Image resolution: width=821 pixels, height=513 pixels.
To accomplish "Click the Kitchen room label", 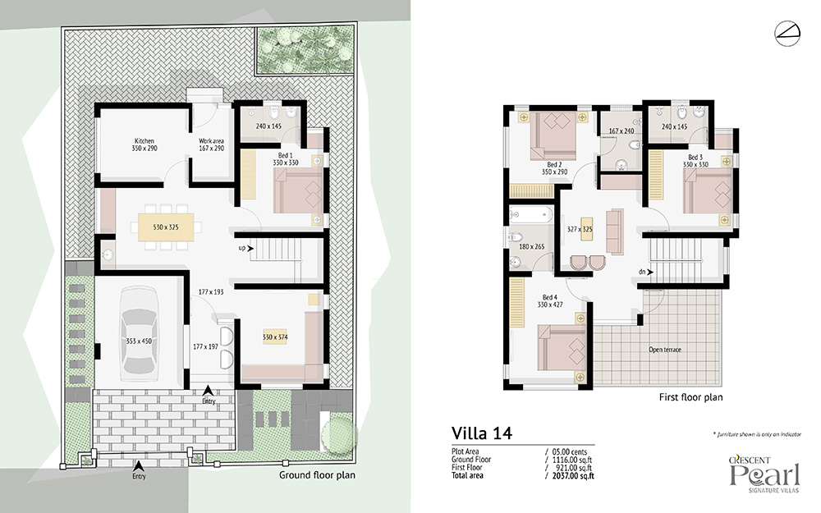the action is point(144,141).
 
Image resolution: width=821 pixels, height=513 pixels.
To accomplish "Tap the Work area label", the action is point(211,141).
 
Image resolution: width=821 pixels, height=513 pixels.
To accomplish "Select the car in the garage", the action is point(139,334).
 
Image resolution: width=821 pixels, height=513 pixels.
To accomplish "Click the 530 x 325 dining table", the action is point(166,227).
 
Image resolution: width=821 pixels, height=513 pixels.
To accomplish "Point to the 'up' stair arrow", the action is point(250,248).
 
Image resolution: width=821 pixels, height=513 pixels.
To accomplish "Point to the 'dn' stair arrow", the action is point(650,272).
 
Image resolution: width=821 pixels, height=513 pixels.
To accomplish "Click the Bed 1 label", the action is point(286,155).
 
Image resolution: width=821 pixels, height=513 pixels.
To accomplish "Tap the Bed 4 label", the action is point(550,297).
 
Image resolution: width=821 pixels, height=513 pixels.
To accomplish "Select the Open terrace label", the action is point(665,350).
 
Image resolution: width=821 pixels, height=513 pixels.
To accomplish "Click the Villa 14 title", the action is point(482,433).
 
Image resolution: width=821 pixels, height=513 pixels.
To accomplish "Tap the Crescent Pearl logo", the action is point(765,474).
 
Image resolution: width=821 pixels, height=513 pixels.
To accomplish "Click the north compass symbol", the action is point(787,34).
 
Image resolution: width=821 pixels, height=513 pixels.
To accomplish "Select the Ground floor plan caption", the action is point(317,475).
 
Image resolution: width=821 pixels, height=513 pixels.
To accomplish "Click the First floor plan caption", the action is point(690,397).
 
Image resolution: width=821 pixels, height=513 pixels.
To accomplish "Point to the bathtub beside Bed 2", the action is point(531,214).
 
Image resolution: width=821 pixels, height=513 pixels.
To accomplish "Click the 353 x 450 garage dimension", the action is point(139,341).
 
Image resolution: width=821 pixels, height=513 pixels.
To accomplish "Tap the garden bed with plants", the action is point(305,50).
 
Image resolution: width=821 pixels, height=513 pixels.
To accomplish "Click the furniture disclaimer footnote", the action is point(757,434).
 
